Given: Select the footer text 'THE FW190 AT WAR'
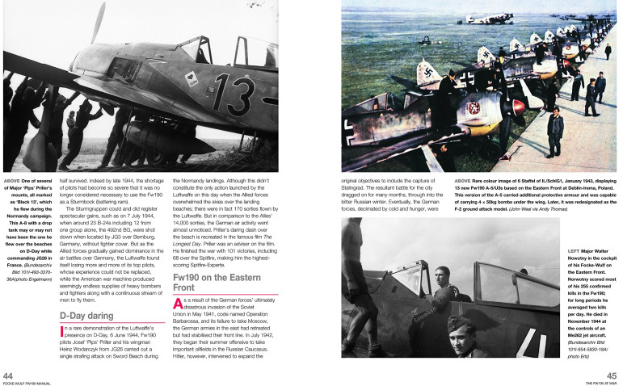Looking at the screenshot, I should (598, 383).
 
